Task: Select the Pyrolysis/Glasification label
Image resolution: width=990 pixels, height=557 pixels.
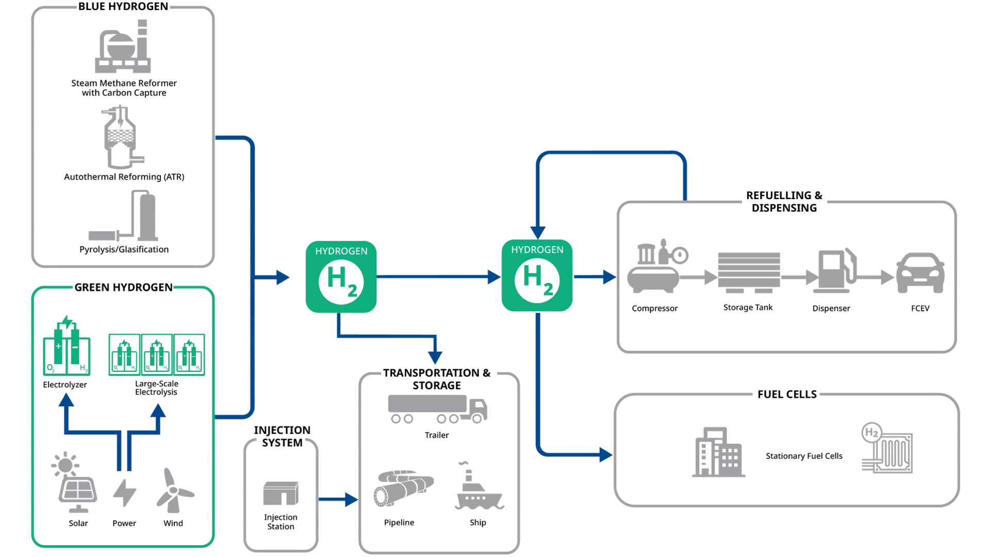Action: pos(124,250)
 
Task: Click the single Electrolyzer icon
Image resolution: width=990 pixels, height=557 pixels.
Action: pos(67,345)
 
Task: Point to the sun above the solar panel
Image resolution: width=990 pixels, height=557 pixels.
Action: pos(65,465)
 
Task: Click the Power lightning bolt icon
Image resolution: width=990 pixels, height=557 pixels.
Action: pos(124,493)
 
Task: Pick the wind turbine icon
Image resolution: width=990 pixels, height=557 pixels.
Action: pos(174,490)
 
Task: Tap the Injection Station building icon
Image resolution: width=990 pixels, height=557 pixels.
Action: pos(280,494)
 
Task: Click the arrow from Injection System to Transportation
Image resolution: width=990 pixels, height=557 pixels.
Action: pos(338,499)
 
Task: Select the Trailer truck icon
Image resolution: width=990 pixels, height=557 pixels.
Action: pos(437,409)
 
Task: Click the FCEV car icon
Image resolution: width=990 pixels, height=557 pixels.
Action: pos(920,273)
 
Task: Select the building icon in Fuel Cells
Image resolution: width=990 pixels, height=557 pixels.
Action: pos(718,452)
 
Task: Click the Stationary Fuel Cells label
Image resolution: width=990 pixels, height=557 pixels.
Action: pos(804,456)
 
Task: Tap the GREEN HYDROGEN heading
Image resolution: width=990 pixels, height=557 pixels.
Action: pos(124,287)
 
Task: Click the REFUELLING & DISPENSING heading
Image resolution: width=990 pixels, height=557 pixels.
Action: pos(784,202)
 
